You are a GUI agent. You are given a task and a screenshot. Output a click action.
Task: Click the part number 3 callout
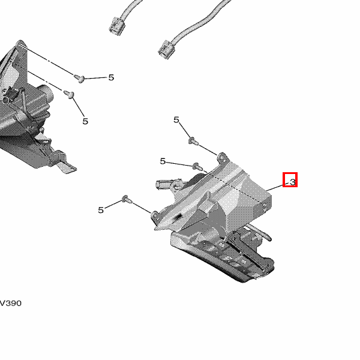coord(292,182)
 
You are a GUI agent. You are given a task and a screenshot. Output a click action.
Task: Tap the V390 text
coord(11,303)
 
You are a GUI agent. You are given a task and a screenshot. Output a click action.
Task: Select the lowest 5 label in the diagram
coord(101,210)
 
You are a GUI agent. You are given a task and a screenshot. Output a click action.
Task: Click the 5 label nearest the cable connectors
coord(111,77)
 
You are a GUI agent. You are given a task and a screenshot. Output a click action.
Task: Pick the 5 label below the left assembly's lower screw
coord(85,121)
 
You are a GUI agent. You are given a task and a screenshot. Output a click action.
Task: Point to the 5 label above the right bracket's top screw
coord(176,119)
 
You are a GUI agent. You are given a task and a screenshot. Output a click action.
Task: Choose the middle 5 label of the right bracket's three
coord(163,161)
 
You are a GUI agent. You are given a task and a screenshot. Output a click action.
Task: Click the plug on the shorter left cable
coord(116,26)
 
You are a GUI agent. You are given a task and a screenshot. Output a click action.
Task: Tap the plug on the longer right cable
coord(166,49)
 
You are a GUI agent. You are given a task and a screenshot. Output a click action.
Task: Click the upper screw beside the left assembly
coord(79,78)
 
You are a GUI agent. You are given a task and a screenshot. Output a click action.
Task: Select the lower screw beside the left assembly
coord(69,94)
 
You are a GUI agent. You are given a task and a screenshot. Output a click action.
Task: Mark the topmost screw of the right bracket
coord(193,141)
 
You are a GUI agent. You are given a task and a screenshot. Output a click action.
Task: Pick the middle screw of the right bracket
coord(197,166)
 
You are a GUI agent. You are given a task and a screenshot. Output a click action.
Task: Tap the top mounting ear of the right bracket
coord(222,158)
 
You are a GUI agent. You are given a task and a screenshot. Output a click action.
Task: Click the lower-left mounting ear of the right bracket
coord(155,215)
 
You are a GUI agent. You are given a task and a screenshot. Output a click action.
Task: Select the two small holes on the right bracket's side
coord(265,207)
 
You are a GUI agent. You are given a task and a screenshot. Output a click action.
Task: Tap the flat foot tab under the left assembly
coord(67,167)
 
